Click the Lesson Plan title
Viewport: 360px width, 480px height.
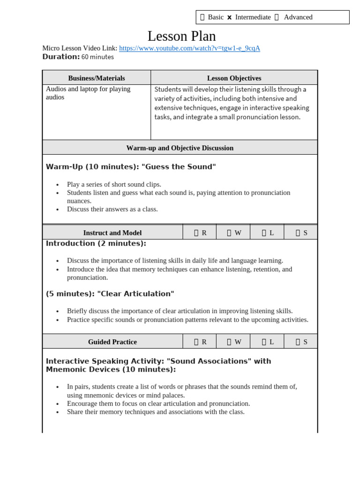click(x=181, y=36)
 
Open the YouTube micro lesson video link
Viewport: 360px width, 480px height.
click(x=189, y=48)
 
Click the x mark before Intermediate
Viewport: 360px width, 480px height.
click(x=229, y=17)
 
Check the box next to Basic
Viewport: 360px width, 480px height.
click(x=202, y=17)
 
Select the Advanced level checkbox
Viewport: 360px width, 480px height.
click(x=277, y=17)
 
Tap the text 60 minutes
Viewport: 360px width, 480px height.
click(x=97, y=57)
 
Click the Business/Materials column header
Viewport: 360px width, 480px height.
click(x=97, y=78)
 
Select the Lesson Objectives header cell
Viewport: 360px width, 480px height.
click(x=234, y=78)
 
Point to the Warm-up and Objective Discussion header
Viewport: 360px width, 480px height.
click(x=180, y=148)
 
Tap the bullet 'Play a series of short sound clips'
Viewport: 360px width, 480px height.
click(x=114, y=184)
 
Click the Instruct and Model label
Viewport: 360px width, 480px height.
click(x=112, y=232)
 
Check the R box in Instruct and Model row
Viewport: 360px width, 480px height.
click(x=196, y=232)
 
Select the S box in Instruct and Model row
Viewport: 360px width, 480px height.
click(x=298, y=232)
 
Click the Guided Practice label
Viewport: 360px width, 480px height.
click(x=112, y=342)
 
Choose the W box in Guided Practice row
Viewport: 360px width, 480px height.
click(x=229, y=342)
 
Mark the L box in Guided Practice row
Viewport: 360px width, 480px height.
click(x=264, y=342)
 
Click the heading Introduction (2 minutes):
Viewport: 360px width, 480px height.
click(x=96, y=243)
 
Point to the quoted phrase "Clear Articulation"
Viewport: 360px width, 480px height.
click(x=135, y=294)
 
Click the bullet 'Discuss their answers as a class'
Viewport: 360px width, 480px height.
click(x=112, y=209)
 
